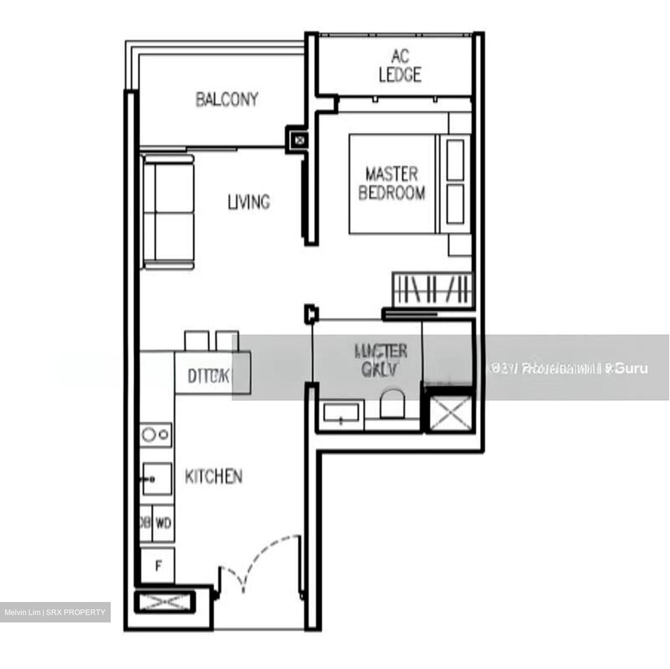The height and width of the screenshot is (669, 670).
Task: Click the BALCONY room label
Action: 227,100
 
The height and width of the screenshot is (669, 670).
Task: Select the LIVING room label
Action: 248,202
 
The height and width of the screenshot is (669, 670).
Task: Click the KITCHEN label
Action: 214,476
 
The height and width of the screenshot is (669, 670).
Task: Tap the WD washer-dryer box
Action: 163,523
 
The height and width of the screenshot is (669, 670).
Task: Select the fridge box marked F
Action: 158,566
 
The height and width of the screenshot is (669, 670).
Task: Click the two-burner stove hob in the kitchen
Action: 156,435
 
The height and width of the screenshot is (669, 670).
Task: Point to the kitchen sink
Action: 157,479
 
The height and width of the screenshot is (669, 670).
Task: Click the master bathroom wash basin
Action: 341,413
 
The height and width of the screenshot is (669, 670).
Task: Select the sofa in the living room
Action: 168,212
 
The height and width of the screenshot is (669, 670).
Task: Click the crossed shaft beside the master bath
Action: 448,412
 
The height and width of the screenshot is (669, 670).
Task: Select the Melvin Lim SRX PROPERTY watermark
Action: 55,612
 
